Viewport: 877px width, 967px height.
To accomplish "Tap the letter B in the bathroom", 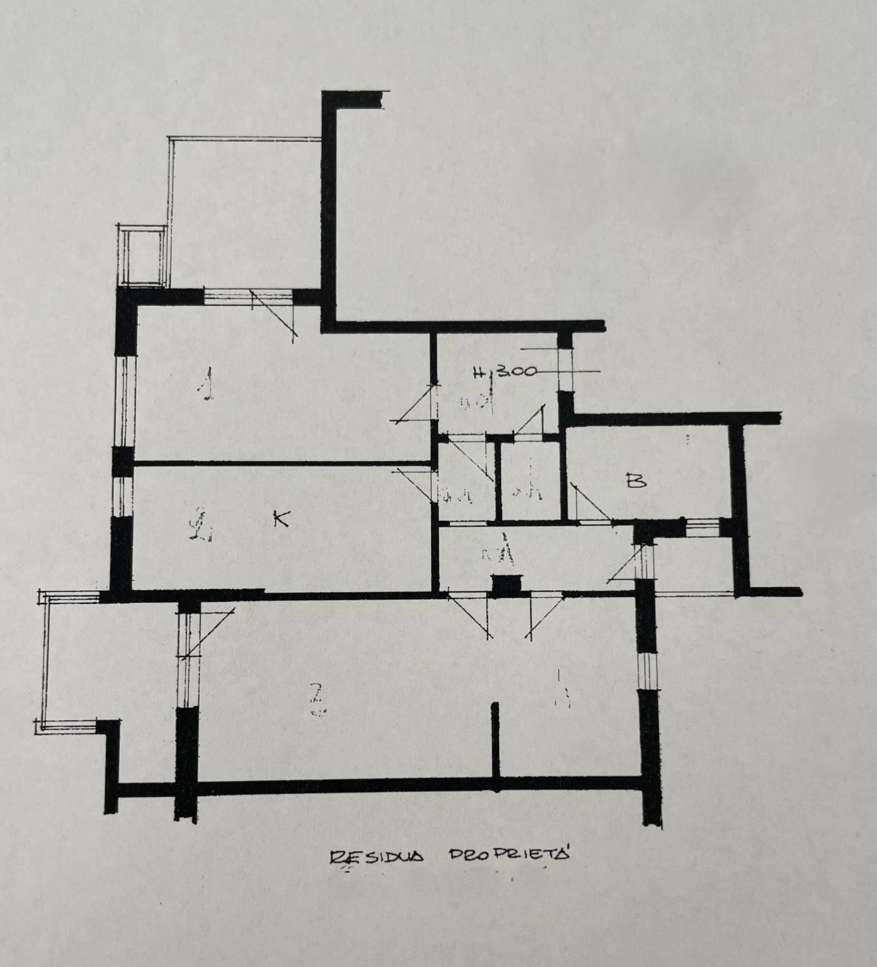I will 636,482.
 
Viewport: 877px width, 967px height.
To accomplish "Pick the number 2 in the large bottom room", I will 319,700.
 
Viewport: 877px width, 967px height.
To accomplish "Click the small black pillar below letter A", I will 508,585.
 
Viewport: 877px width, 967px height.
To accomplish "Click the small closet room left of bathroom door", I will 528,480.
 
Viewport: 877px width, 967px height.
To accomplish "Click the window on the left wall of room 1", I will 125,399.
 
